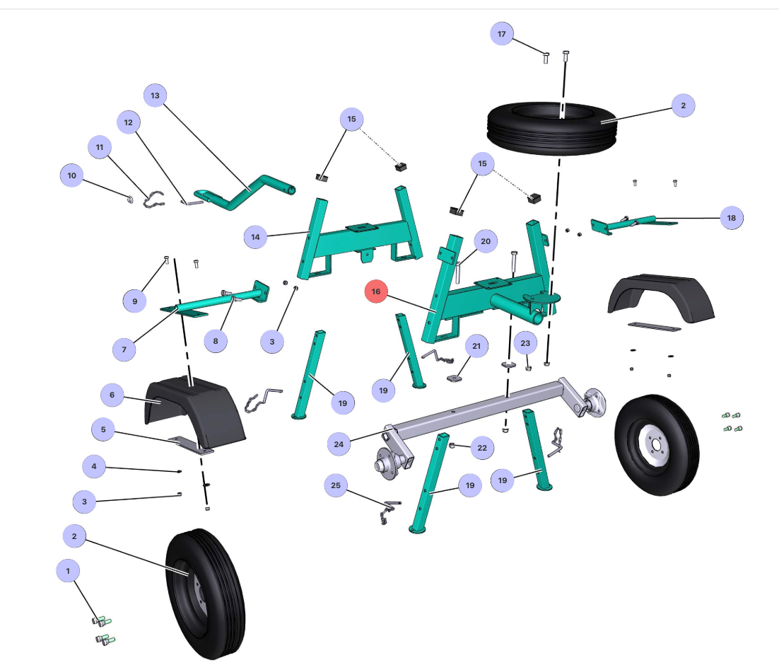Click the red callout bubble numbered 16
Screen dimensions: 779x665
click(375, 291)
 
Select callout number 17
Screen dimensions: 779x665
click(502, 34)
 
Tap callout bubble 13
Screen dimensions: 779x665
click(155, 96)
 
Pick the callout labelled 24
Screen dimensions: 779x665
click(339, 444)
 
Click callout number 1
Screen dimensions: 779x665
click(68, 571)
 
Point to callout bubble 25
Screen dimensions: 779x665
click(336, 485)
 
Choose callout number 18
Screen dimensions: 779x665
click(732, 218)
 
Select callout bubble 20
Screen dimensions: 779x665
click(486, 241)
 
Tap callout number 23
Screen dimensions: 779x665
click(525, 343)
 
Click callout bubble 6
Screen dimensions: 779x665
click(112, 395)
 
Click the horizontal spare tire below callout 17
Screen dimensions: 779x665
click(552, 128)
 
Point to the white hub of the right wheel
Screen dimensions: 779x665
click(655, 444)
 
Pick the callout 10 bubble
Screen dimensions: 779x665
click(71, 175)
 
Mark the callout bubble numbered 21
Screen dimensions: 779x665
click(476, 346)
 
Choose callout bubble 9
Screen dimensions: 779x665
click(134, 301)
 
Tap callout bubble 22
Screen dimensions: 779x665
click(482, 448)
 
